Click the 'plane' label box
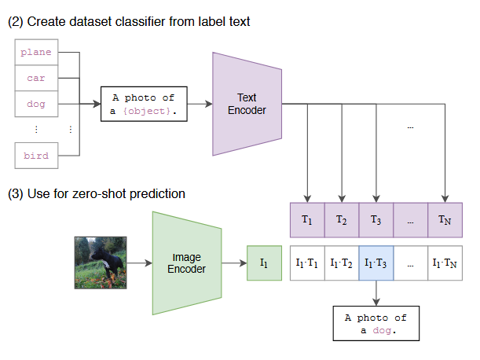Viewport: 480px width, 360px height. (36, 52)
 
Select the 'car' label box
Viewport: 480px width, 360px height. (36, 78)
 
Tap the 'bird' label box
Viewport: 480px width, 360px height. (36, 156)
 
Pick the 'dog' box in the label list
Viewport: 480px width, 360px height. (36, 104)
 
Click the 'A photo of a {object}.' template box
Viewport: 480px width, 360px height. (144, 105)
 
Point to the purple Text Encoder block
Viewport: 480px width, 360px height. (247, 105)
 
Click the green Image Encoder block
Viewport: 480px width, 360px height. (187, 263)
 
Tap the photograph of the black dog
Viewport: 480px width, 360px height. (101, 263)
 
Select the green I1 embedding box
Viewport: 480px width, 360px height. (264, 263)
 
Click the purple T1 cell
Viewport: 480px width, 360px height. (307, 220)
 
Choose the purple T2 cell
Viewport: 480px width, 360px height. (342, 220)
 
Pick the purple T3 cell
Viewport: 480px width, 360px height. (376, 220)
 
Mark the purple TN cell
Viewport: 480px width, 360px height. (445, 220)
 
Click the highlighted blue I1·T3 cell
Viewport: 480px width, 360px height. (376, 263)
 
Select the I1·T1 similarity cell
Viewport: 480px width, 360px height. (307, 263)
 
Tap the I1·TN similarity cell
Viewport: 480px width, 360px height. (445, 263)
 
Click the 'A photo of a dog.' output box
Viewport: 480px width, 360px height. (376, 323)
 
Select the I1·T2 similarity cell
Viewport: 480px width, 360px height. (342, 263)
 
